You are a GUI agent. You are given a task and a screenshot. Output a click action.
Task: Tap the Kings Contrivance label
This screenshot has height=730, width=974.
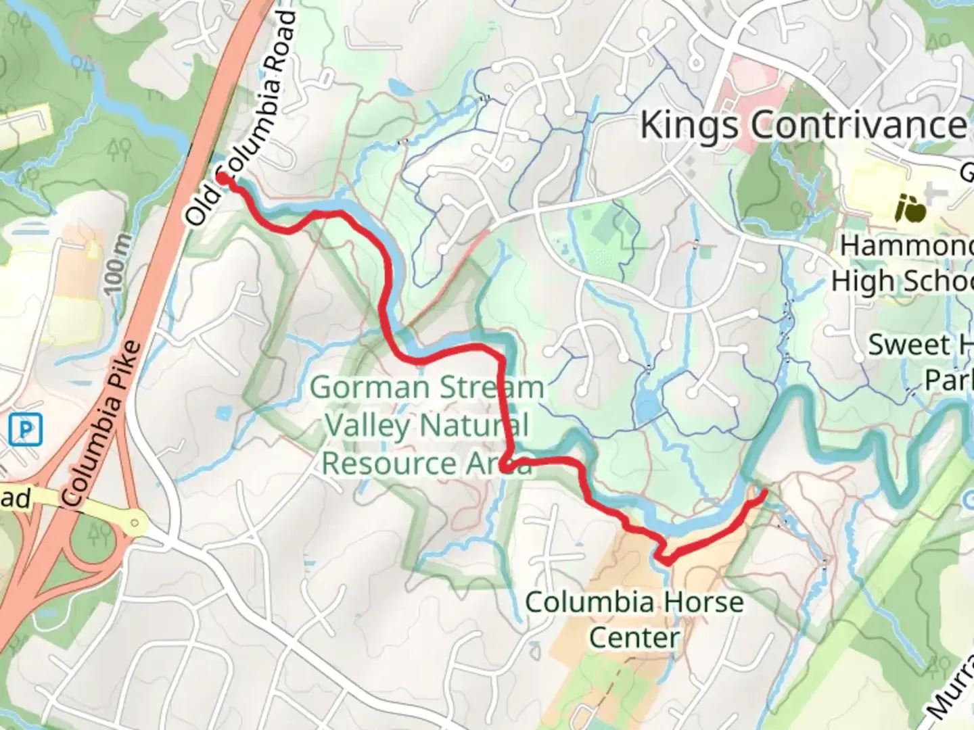coord(803,125)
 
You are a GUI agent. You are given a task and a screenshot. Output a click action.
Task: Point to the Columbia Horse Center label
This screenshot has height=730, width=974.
coord(634,619)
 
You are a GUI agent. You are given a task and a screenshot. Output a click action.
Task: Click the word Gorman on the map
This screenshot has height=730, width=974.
coord(361,389)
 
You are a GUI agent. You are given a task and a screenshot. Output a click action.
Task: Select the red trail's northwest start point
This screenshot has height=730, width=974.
coord(222,178)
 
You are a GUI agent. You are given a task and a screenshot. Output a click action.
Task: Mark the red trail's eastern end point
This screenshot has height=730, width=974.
coord(764,493)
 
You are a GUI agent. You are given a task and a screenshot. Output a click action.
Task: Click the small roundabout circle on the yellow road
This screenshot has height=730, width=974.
coord(137,522)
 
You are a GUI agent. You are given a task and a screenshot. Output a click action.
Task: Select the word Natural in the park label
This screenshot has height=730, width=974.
coord(473,426)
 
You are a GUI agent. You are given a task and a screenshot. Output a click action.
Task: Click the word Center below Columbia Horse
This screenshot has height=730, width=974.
coord(634,637)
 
